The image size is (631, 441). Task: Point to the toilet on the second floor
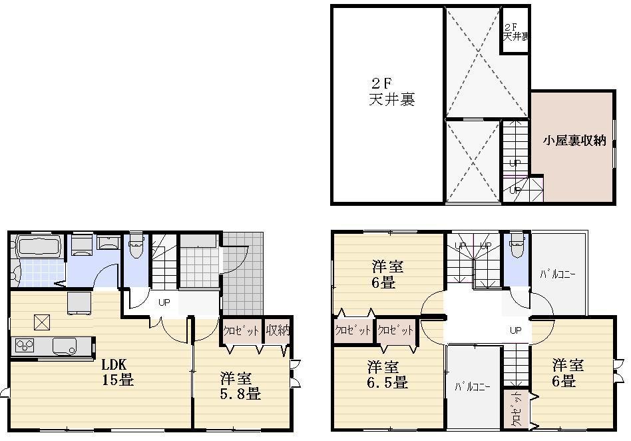[x=517, y=247]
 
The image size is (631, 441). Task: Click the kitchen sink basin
[x=63, y=346]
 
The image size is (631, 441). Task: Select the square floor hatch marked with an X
[x=43, y=322]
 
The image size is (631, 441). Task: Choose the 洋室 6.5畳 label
[x=387, y=375]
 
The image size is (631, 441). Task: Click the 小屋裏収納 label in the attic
[x=574, y=141]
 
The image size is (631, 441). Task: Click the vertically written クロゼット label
[x=517, y=409]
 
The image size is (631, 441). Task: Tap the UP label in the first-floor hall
[x=164, y=302]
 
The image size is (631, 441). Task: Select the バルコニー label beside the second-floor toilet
[x=557, y=274]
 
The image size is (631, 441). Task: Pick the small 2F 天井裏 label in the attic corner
[x=515, y=32]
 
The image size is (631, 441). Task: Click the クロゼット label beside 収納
[x=241, y=331]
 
